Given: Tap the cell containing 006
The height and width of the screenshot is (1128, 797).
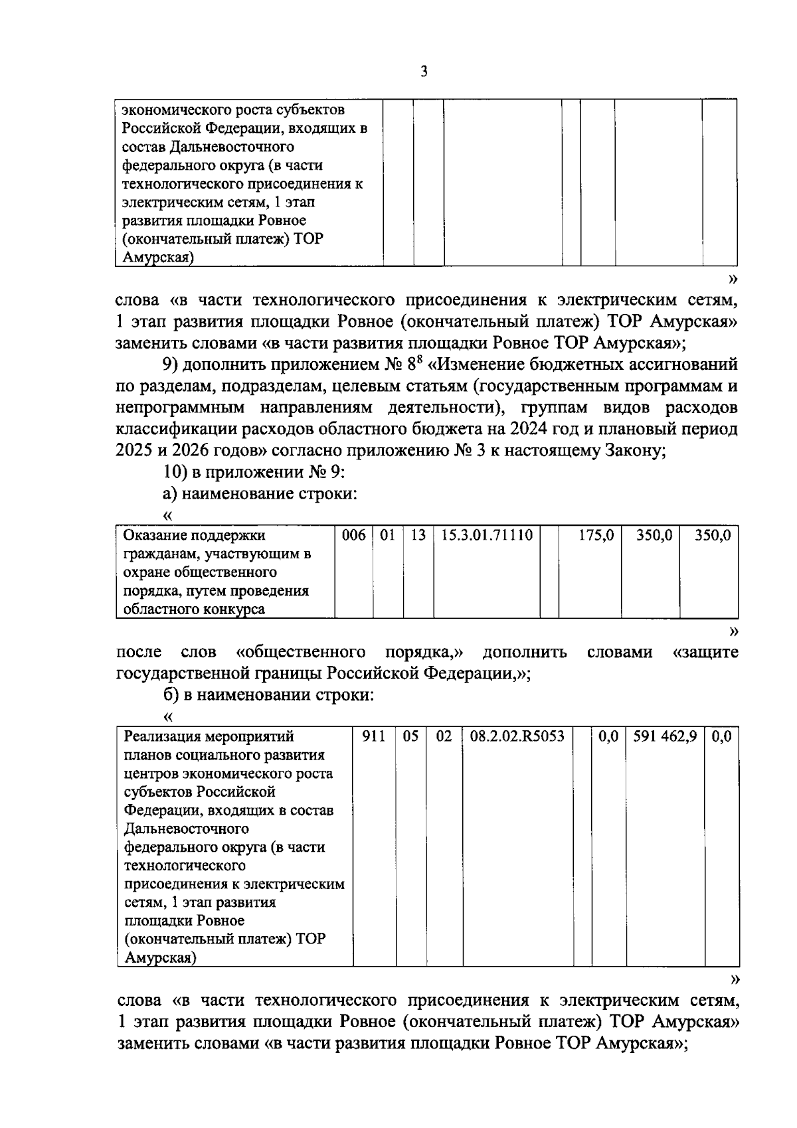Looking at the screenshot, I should [x=353, y=535].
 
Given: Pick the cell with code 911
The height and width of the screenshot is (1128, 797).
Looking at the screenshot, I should [x=375, y=736].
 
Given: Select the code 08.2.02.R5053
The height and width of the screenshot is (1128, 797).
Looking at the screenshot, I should [x=517, y=736].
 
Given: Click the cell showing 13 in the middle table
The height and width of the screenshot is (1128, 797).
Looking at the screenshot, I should [x=418, y=535].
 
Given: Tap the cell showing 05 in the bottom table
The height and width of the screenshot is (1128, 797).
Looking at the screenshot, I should [x=411, y=736].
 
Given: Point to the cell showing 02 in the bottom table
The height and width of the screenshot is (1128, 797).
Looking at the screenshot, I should [x=444, y=736].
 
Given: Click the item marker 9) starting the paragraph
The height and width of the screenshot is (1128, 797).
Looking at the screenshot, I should [x=170, y=364].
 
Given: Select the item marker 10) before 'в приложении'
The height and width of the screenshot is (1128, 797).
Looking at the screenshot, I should [x=174, y=472].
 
